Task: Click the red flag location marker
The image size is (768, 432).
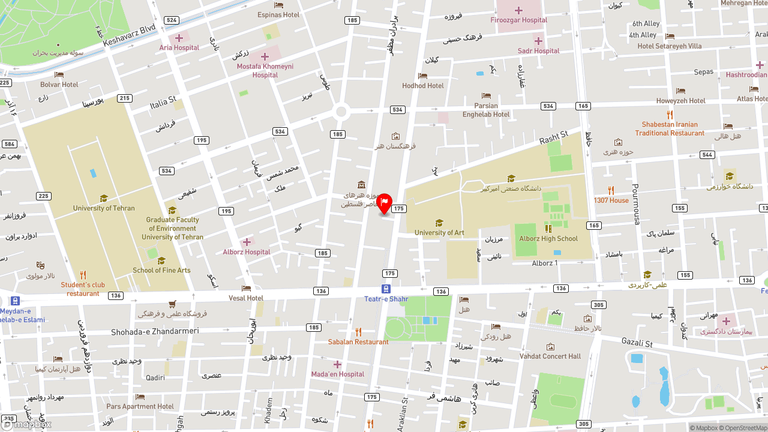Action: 384,203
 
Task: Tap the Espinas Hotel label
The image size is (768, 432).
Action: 278,14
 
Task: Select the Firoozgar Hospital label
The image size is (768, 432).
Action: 518,20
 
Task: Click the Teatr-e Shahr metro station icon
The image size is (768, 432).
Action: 386,289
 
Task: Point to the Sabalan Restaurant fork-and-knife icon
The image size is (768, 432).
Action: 358,332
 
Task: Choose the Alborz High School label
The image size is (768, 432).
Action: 548,238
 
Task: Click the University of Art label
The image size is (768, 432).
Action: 439,233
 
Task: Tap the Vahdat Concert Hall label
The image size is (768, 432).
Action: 550,356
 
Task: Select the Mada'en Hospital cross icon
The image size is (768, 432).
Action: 337,364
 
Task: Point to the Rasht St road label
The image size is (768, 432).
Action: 553,138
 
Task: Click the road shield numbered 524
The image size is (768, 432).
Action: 172,20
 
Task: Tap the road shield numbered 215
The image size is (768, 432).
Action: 124,98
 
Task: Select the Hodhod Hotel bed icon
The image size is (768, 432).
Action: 422,76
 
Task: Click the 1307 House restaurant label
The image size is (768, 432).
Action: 611,200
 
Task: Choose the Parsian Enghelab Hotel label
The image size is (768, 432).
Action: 486,110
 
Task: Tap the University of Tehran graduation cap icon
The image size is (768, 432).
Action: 104,198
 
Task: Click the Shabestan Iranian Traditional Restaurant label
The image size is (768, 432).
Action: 670,129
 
